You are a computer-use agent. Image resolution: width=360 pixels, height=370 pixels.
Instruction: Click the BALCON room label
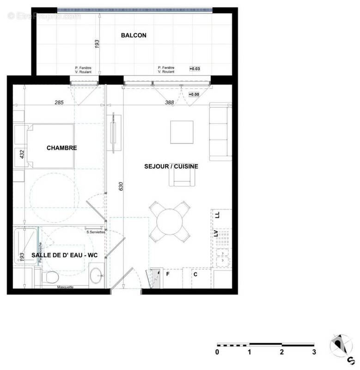point(134,35)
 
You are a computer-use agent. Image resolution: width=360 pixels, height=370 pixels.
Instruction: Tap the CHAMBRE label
point(61,148)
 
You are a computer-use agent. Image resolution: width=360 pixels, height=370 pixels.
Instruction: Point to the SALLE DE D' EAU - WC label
point(67,255)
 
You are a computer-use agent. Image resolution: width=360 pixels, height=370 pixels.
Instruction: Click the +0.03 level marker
point(195,68)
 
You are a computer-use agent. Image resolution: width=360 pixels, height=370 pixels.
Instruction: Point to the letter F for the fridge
point(168,274)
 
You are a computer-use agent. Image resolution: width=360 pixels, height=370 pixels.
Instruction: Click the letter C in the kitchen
point(195,274)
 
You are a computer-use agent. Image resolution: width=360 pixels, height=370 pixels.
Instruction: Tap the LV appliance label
point(216,233)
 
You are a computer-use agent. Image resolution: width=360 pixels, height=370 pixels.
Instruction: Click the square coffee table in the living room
point(182,132)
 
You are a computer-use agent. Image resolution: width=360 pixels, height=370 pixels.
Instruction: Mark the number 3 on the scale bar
point(314,352)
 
